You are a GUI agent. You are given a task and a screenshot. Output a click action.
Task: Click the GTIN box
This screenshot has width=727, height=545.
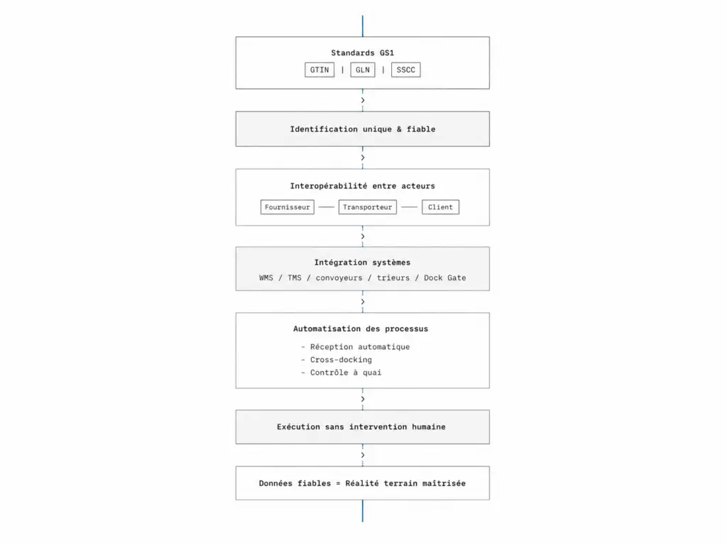point(319,70)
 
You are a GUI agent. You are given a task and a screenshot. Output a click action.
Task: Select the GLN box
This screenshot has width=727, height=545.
point(363,70)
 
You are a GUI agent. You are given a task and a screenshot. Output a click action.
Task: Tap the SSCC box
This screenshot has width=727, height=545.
point(405,70)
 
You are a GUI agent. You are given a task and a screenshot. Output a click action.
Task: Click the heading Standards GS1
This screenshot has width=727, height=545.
point(363,53)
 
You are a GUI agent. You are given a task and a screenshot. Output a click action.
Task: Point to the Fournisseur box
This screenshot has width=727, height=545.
point(288,207)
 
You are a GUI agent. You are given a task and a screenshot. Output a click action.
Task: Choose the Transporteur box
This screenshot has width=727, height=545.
point(368,207)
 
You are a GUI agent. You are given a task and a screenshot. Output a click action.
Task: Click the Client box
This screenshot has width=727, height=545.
point(440,207)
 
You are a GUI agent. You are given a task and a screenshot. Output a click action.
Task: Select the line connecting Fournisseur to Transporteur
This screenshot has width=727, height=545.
point(327,207)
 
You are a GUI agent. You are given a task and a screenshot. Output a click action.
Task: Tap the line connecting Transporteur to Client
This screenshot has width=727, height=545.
point(410,207)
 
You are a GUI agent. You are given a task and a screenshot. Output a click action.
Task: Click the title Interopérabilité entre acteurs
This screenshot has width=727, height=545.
point(363,186)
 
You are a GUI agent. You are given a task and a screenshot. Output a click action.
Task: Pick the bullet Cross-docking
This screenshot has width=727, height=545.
point(341,360)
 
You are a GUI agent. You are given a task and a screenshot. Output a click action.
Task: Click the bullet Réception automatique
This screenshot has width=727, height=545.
point(360,346)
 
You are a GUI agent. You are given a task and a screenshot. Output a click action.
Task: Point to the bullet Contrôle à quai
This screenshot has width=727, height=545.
point(346,373)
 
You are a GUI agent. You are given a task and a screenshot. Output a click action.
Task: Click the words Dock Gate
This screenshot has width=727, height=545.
point(444,277)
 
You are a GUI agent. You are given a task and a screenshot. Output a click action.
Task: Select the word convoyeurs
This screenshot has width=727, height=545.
point(339,277)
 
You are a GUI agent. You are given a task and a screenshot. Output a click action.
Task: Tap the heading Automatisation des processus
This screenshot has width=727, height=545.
point(361,329)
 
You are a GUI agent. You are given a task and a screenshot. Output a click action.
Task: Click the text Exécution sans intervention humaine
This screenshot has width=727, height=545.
point(361,426)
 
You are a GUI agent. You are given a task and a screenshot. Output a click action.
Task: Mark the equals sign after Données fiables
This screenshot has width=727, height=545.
point(338,483)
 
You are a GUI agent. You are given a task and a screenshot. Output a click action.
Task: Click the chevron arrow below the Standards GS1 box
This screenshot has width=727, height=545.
point(363,100)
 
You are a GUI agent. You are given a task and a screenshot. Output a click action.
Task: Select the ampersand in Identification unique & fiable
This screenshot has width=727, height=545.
point(399,129)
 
